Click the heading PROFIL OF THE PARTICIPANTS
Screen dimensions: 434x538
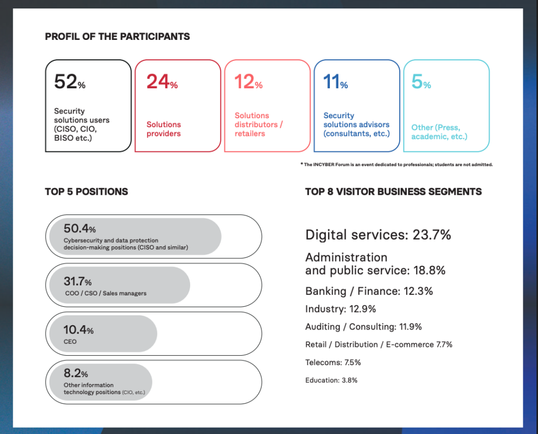117,37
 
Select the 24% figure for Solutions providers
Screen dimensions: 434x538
161,82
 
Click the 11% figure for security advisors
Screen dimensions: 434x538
335,82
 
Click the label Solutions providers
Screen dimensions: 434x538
163,129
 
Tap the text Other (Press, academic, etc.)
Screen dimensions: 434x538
439,132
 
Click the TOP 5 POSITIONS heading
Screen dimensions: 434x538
86,192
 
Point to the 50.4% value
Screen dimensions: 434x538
79,229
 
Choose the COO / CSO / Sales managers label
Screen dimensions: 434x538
106,293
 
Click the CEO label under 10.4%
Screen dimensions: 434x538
70,342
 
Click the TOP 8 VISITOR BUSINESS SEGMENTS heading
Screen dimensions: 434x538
393,192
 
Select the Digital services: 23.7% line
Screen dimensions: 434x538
378,235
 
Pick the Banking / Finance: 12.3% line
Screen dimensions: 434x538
369,291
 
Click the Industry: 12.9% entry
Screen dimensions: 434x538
340,309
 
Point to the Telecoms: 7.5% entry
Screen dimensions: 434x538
333,362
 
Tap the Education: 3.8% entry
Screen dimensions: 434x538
331,380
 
